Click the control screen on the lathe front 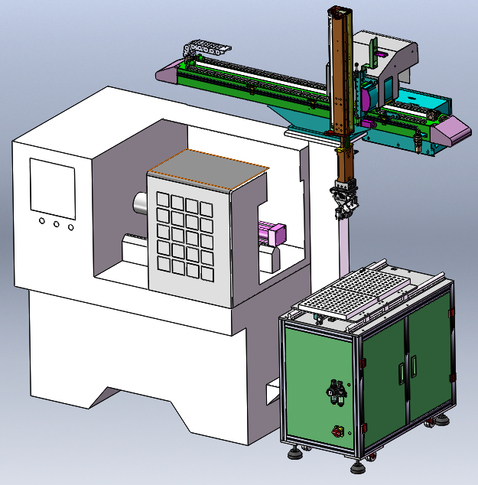coord(52,184)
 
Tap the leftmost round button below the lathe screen coord(41,222)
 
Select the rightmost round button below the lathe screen coord(71,226)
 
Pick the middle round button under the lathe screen coord(56,224)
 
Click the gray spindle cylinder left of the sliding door coord(140,203)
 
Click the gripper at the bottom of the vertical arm coord(345,199)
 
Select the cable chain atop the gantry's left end coord(205,48)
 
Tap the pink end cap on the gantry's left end coord(166,73)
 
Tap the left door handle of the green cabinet coord(400,371)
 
